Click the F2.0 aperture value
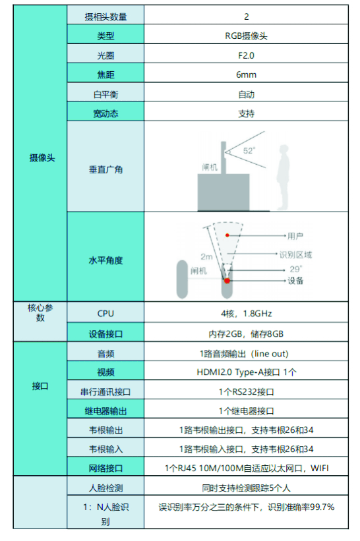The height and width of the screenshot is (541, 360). (246, 55)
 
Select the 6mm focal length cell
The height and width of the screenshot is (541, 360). (246, 75)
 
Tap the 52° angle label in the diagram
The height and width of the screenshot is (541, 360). (249, 151)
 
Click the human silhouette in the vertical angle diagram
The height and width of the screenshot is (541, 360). (283, 177)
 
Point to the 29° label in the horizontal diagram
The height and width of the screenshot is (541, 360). (296, 269)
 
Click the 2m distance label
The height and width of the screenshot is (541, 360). (206, 257)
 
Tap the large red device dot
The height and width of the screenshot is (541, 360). (227, 281)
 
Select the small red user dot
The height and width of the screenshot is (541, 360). (227, 235)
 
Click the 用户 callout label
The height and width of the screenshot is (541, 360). (295, 236)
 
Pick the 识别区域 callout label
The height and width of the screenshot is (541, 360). (296, 255)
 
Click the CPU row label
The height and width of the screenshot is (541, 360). (105, 314)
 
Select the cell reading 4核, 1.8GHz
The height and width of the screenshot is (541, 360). (246, 314)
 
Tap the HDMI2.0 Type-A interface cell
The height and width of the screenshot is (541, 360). (246, 372)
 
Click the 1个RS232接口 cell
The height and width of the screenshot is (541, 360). (246, 392)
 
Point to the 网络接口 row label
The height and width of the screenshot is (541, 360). (105, 469)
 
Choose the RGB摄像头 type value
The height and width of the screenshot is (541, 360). (246, 36)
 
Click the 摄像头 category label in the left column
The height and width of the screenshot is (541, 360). (42, 158)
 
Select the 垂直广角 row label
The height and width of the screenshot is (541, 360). (105, 169)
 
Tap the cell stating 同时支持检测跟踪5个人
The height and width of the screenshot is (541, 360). (246, 488)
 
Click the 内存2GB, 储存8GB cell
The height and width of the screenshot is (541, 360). (246, 334)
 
